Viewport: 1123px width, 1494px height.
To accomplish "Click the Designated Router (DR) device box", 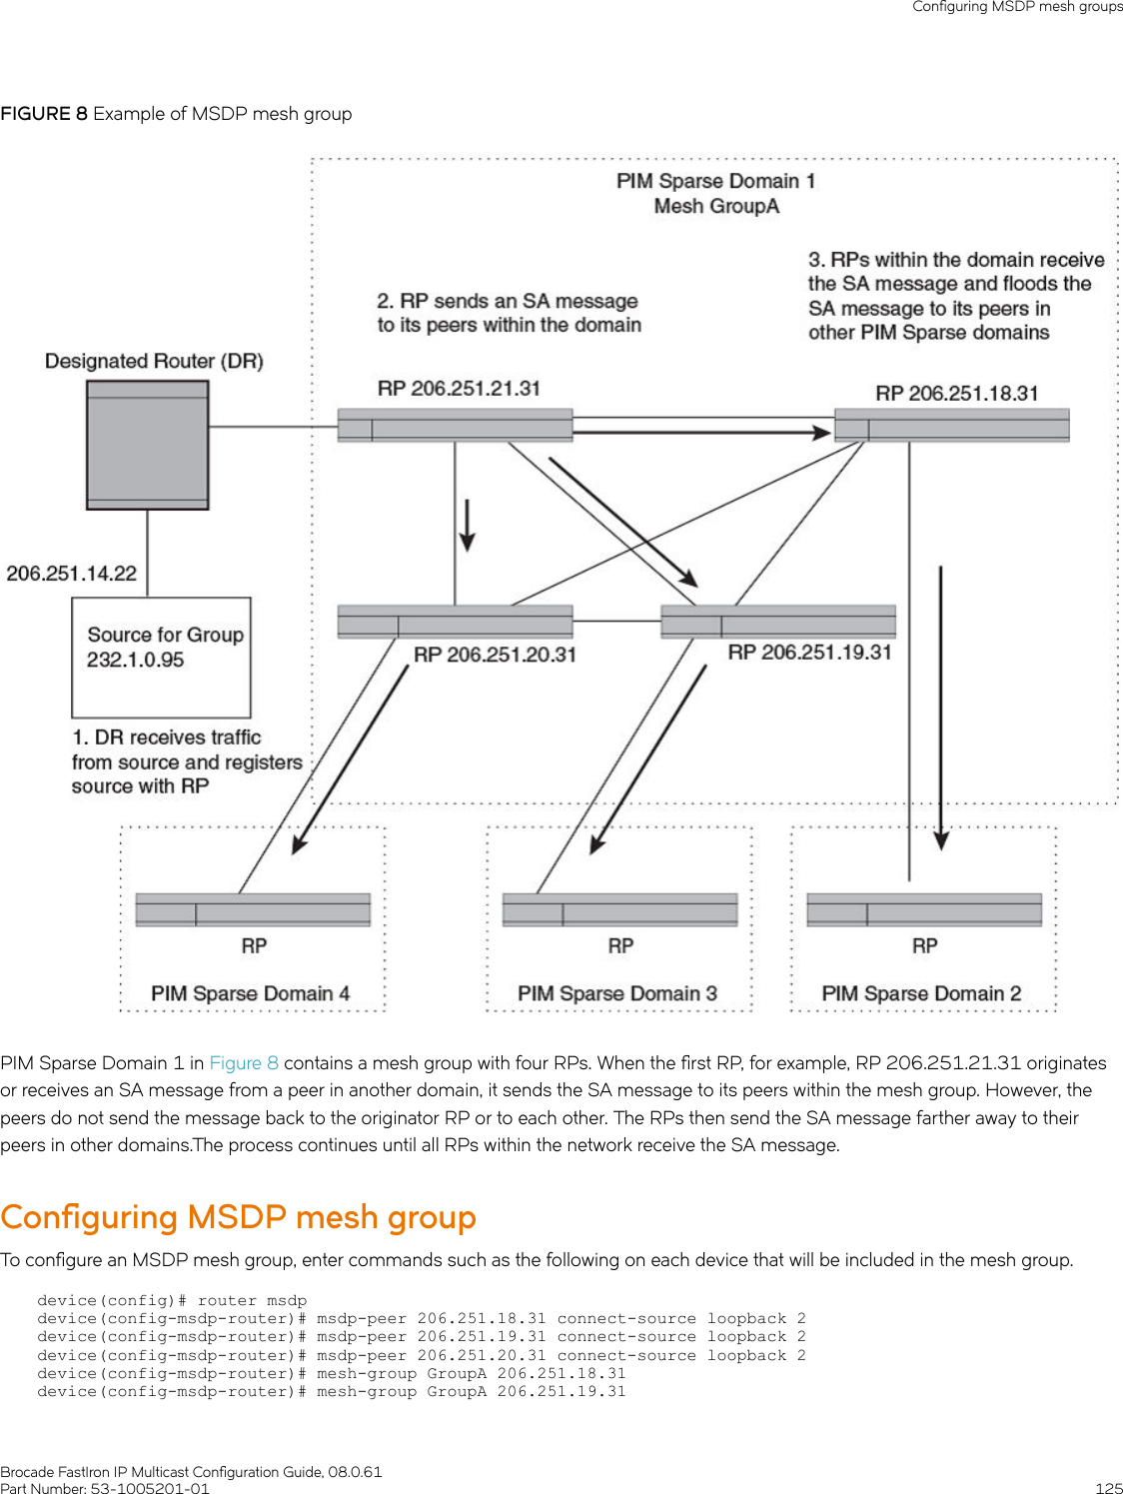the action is (x=147, y=445).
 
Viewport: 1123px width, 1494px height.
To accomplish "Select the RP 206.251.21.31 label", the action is (x=460, y=389).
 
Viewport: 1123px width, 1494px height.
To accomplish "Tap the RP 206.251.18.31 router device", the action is (x=951, y=426).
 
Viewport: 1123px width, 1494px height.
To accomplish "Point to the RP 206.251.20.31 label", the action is (x=496, y=655).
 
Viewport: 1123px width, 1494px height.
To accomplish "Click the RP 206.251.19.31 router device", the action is (x=778, y=622).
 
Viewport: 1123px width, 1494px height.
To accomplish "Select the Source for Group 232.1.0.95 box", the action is (x=161, y=658).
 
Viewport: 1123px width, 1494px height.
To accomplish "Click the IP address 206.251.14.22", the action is (x=71, y=573).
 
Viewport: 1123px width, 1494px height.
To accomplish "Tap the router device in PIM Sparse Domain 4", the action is (x=253, y=909).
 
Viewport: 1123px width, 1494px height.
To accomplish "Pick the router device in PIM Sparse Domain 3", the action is (x=619, y=909).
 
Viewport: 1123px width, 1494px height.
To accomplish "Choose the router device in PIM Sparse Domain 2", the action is (x=924, y=909).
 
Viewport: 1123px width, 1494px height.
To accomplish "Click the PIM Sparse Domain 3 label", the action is (x=617, y=993).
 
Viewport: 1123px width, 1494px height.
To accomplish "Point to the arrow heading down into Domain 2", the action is (x=941, y=708).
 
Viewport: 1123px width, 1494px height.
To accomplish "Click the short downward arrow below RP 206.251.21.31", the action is (x=468, y=526).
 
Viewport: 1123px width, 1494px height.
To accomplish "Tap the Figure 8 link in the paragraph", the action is (x=244, y=1062).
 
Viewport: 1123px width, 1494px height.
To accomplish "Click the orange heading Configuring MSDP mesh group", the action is (x=238, y=1216).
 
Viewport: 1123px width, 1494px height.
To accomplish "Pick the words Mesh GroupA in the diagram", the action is (x=716, y=206).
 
